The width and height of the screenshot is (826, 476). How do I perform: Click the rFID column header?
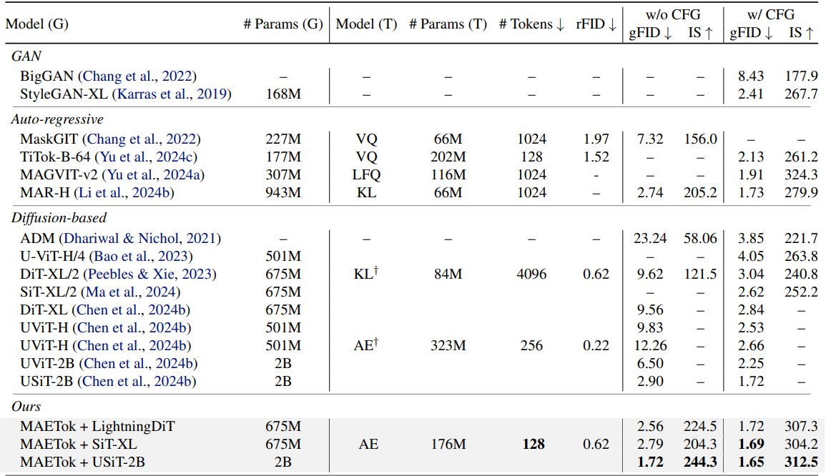click(x=596, y=24)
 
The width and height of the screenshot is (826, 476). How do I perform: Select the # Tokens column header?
click(x=531, y=24)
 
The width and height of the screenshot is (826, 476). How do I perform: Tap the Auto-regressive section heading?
click(x=57, y=119)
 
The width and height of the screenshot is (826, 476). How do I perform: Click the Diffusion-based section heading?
click(x=59, y=218)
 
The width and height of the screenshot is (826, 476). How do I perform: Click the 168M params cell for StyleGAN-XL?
click(x=283, y=94)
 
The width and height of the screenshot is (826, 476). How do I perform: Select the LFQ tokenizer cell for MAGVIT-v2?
click(x=366, y=175)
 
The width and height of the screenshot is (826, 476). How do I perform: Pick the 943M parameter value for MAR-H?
click(x=283, y=193)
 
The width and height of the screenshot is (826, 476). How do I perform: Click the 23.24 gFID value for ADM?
click(x=650, y=239)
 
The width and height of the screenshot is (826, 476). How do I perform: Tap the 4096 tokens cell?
click(x=531, y=274)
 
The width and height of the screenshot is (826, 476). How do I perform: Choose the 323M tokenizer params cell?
click(x=448, y=346)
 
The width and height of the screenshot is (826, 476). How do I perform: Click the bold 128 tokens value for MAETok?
click(x=533, y=445)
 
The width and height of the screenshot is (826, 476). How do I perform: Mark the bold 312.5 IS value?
click(x=801, y=462)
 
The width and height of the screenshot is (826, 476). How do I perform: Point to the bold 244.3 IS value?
click(x=700, y=462)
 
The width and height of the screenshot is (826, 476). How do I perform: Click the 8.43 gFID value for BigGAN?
click(x=751, y=76)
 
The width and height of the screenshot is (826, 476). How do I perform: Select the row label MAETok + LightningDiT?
click(x=97, y=427)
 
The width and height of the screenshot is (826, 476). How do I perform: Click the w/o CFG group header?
click(x=673, y=15)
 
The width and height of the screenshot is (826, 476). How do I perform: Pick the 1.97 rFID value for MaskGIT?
click(x=596, y=139)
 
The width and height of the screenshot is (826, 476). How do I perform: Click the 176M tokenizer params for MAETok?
click(x=448, y=445)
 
